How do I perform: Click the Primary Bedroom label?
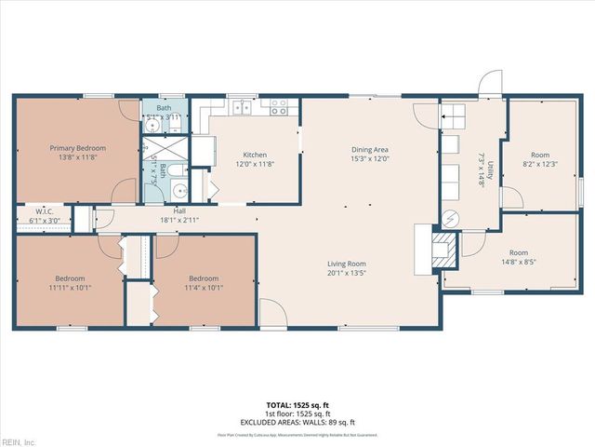click(x=78, y=148)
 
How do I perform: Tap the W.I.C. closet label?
click(x=44, y=212)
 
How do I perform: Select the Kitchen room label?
click(x=256, y=155)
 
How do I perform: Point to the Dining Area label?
click(x=369, y=149)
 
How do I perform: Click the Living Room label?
click(x=345, y=264)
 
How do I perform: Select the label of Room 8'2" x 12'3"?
click(x=541, y=155)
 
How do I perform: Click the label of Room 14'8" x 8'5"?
click(x=518, y=252)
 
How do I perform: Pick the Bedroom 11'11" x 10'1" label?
click(x=70, y=278)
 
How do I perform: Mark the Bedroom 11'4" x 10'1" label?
click(x=204, y=278)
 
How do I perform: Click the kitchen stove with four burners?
click(x=277, y=108)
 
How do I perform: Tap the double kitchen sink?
click(x=243, y=107)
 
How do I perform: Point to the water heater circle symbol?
click(x=451, y=219)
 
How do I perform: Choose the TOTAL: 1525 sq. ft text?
click(x=297, y=405)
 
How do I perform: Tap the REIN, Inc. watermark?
click(x=19, y=441)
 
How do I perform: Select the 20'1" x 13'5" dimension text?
click(x=345, y=274)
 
